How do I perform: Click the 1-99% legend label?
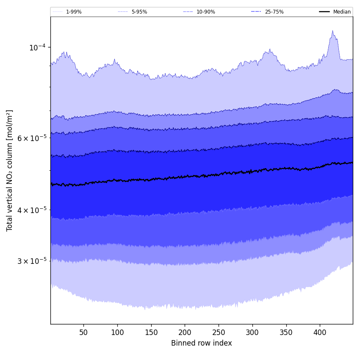74,12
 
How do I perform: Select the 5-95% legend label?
139,12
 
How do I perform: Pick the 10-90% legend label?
205,12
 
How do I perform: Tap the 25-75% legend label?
274,12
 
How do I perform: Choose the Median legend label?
342,12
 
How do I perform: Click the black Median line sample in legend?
325,12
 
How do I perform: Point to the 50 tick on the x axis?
83,332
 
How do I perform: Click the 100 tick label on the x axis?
117,332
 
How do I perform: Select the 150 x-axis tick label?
151,332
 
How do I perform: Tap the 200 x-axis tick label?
185,332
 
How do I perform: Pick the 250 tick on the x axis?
219,332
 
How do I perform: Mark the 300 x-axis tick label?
252,332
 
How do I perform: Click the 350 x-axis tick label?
286,332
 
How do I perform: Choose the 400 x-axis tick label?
320,332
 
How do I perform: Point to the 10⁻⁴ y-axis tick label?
37,47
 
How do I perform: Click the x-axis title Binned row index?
202,343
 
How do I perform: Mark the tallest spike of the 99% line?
332,31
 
